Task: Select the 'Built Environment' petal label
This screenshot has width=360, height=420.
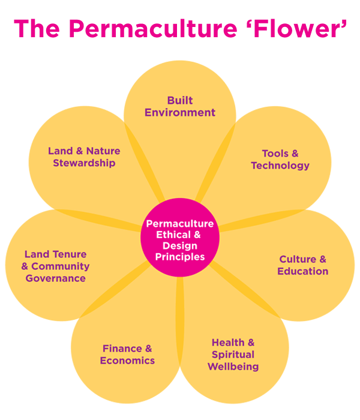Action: pyautogui.click(x=180, y=106)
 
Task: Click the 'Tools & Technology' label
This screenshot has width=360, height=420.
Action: pyautogui.click(x=280, y=159)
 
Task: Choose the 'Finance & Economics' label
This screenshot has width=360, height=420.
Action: pyautogui.click(x=127, y=354)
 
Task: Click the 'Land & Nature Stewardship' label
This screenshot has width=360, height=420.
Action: pyautogui.click(x=84, y=157)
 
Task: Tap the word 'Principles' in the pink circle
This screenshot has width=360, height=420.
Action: pyautogui.click(x=180, y=257)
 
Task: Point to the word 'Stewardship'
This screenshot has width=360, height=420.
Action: pyautogui.click(x=84, y=163)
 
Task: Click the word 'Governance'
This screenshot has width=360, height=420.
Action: pyautogui.click(x=55, y=278)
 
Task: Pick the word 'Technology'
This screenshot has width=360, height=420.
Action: pyautogui.click(x=280, y=165)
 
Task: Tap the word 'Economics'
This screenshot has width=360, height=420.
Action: pyautogui.click(x=127, y=361)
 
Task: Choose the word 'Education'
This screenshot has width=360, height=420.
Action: pyautogui.click(x=303, y=271)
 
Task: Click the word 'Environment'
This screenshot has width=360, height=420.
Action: pyautogui.click(x=180, y=112)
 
